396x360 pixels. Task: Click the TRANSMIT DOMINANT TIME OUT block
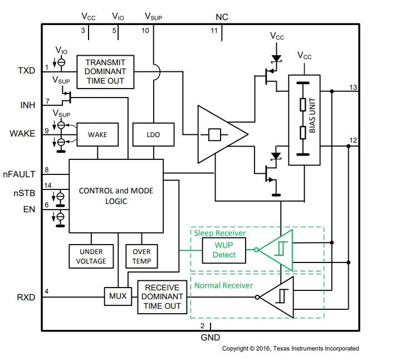(x=105, y=72)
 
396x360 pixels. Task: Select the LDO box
(x=153, y=134)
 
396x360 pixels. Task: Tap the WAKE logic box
(x=97, y=134)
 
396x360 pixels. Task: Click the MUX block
(x=118, y=296)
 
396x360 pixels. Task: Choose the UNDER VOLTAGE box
(x=91, y=256)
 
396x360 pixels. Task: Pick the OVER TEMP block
(x=141, y=256)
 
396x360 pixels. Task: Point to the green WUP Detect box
(x=224, y=250)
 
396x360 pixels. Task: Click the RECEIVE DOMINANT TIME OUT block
(x=162, y=297)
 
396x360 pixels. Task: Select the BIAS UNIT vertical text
(x=312, y=115)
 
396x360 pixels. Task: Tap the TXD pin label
(x=27, y=70)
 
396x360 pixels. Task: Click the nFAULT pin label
(x=19, y=174)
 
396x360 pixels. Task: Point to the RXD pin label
(x=26, y=298)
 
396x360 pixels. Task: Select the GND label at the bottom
(x=211, y=338)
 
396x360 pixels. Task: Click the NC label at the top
(x=222, y=17)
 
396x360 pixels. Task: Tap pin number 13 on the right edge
(x=353, y=87)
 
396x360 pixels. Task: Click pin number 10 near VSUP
(x=145, y=31)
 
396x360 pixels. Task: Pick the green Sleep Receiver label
(x=219, y=233)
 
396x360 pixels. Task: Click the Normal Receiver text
(x=223, y=285)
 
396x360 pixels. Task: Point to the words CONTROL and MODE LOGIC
(x=116, y=196)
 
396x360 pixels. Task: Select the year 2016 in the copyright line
(x=263, y=348)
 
